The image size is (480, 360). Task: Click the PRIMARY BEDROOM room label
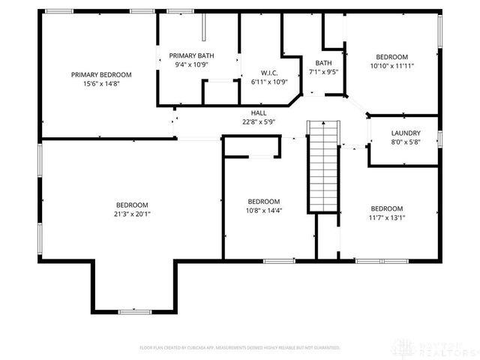click(x=101, y=74)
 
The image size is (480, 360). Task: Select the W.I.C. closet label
click(x=270, y=73)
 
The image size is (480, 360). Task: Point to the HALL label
click(x=259, y=112)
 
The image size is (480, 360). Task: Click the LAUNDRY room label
click(x=406, y=133)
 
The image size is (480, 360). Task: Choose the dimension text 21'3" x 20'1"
click(x=131, y=214)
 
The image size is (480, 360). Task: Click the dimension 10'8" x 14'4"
click(x=264, y=210)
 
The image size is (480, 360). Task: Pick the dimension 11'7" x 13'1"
click(x=387, y=217)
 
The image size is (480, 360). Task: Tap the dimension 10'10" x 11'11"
click(x=391, y=66)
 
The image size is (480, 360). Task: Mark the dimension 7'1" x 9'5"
click(x=323, y=72)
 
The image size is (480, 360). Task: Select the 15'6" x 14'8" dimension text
click(x=101, y=83)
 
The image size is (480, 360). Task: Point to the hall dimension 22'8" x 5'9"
click(x=259, y=121)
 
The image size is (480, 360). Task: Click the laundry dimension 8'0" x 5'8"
click(x=406, y=141)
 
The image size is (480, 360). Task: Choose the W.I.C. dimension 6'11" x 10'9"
click(x=270, y=81)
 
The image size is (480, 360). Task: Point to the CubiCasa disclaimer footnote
click(x=240, y=348)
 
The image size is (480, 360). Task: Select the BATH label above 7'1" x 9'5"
click(x=323, y=63)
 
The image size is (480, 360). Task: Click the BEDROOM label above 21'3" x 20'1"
click(x=131, y=205)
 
